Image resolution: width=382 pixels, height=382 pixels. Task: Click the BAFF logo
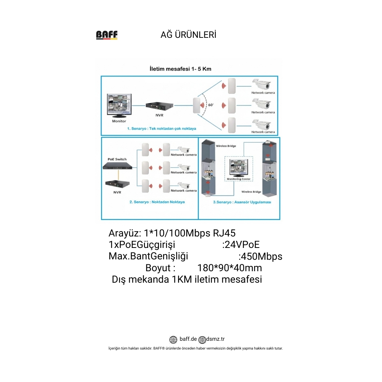point(107,35)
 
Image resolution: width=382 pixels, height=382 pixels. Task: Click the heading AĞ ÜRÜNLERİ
point(188,35)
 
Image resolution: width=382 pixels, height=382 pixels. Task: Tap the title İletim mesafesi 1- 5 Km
point(180,69)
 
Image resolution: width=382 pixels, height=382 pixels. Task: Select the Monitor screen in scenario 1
point(119,105)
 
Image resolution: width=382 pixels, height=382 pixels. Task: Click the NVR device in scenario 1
point(160,106)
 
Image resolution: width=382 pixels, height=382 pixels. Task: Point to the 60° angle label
point(211,105)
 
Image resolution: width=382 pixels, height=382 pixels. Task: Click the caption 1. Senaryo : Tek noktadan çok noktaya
point(162,129)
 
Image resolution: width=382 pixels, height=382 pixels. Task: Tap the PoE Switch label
point(117,159)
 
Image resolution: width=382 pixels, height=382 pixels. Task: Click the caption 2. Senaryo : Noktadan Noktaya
point(157,202)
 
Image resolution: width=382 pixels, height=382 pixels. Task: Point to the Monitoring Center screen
point(239,167)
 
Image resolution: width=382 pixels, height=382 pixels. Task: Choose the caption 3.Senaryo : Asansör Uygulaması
point(242,202)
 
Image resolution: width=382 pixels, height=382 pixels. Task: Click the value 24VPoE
point(241,244)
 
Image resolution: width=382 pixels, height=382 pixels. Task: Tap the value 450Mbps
point(261,256)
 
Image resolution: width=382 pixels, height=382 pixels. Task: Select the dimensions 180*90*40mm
point(230,268)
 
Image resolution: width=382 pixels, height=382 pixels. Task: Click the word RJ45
point(224,233)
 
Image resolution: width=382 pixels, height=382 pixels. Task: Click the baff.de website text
point(188,339)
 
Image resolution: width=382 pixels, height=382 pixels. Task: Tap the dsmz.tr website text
point(215,339)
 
